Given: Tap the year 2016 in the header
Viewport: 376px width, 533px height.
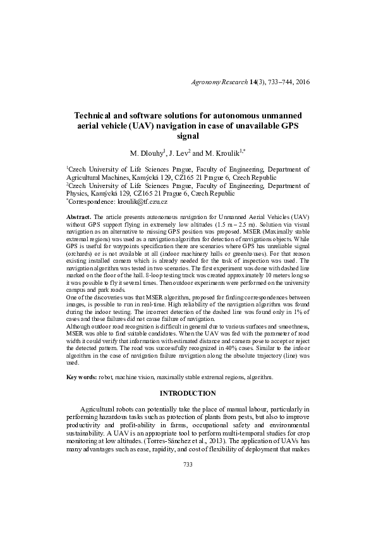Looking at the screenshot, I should point(302,82).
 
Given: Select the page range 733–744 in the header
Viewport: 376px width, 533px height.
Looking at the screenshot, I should point(276,82).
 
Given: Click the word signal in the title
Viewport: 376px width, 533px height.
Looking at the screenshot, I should point(188,135).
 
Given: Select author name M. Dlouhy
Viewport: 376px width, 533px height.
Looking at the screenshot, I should point(147,154).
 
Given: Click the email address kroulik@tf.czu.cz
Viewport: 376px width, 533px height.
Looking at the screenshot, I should point(142,201).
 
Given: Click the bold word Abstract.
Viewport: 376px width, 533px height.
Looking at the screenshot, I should point(79,217).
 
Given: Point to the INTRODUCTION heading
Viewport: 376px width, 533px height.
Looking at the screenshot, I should point(188,393).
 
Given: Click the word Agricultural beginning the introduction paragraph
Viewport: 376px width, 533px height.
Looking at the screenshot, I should point(102,410).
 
